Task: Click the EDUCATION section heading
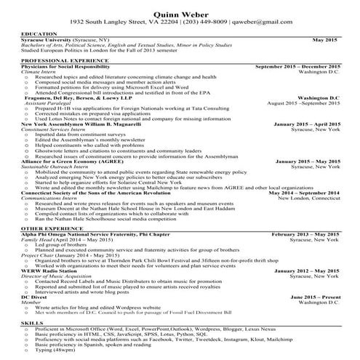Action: tap(40, 34)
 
